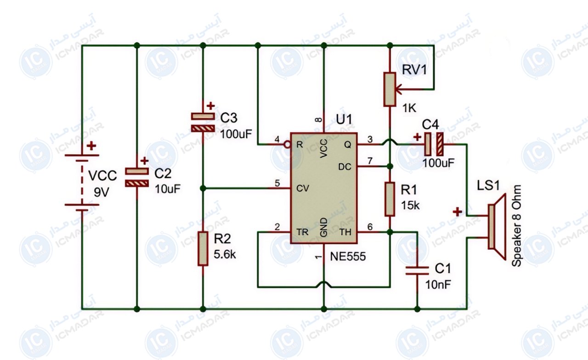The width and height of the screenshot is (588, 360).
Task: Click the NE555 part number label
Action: click(x=348, y=256)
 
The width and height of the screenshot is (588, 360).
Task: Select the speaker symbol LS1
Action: click(x=497, y=227)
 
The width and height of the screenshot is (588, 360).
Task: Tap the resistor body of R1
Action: click(x=390, y=199)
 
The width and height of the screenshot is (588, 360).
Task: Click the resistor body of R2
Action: click(x=203, y=249)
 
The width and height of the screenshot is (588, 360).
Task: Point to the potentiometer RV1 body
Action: click(x=390, y=90)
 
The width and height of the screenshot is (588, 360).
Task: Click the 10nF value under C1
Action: click(x=438, y=285)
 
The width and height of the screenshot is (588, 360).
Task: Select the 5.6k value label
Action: click(x=225, y=254)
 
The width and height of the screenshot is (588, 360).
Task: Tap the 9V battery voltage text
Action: click(x=102, y=193)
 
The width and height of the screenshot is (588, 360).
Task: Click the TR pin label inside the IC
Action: click(x=302, y=232)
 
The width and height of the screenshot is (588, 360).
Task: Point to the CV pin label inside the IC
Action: click(x=303, y=188)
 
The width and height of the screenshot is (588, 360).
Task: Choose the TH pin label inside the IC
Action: click(x=345, y=232)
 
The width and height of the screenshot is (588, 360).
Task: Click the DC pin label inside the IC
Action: click(x=345, y=167)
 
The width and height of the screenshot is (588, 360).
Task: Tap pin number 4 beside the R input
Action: click(x=277, y=140)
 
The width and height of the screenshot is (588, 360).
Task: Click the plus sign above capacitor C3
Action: click(x=210, y=106)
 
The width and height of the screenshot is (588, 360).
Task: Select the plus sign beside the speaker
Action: click(x=457, y=212)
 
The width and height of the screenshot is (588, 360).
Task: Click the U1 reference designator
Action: click(x=344, y=120)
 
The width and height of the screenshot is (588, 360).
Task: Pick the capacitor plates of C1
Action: click(x=417, y=271)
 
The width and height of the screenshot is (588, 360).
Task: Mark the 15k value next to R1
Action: click(x=410, y=206)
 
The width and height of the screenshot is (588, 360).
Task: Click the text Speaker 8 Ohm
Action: click(x=516, y=226)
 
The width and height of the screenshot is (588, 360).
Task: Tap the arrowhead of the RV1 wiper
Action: click(x=398, y=90)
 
